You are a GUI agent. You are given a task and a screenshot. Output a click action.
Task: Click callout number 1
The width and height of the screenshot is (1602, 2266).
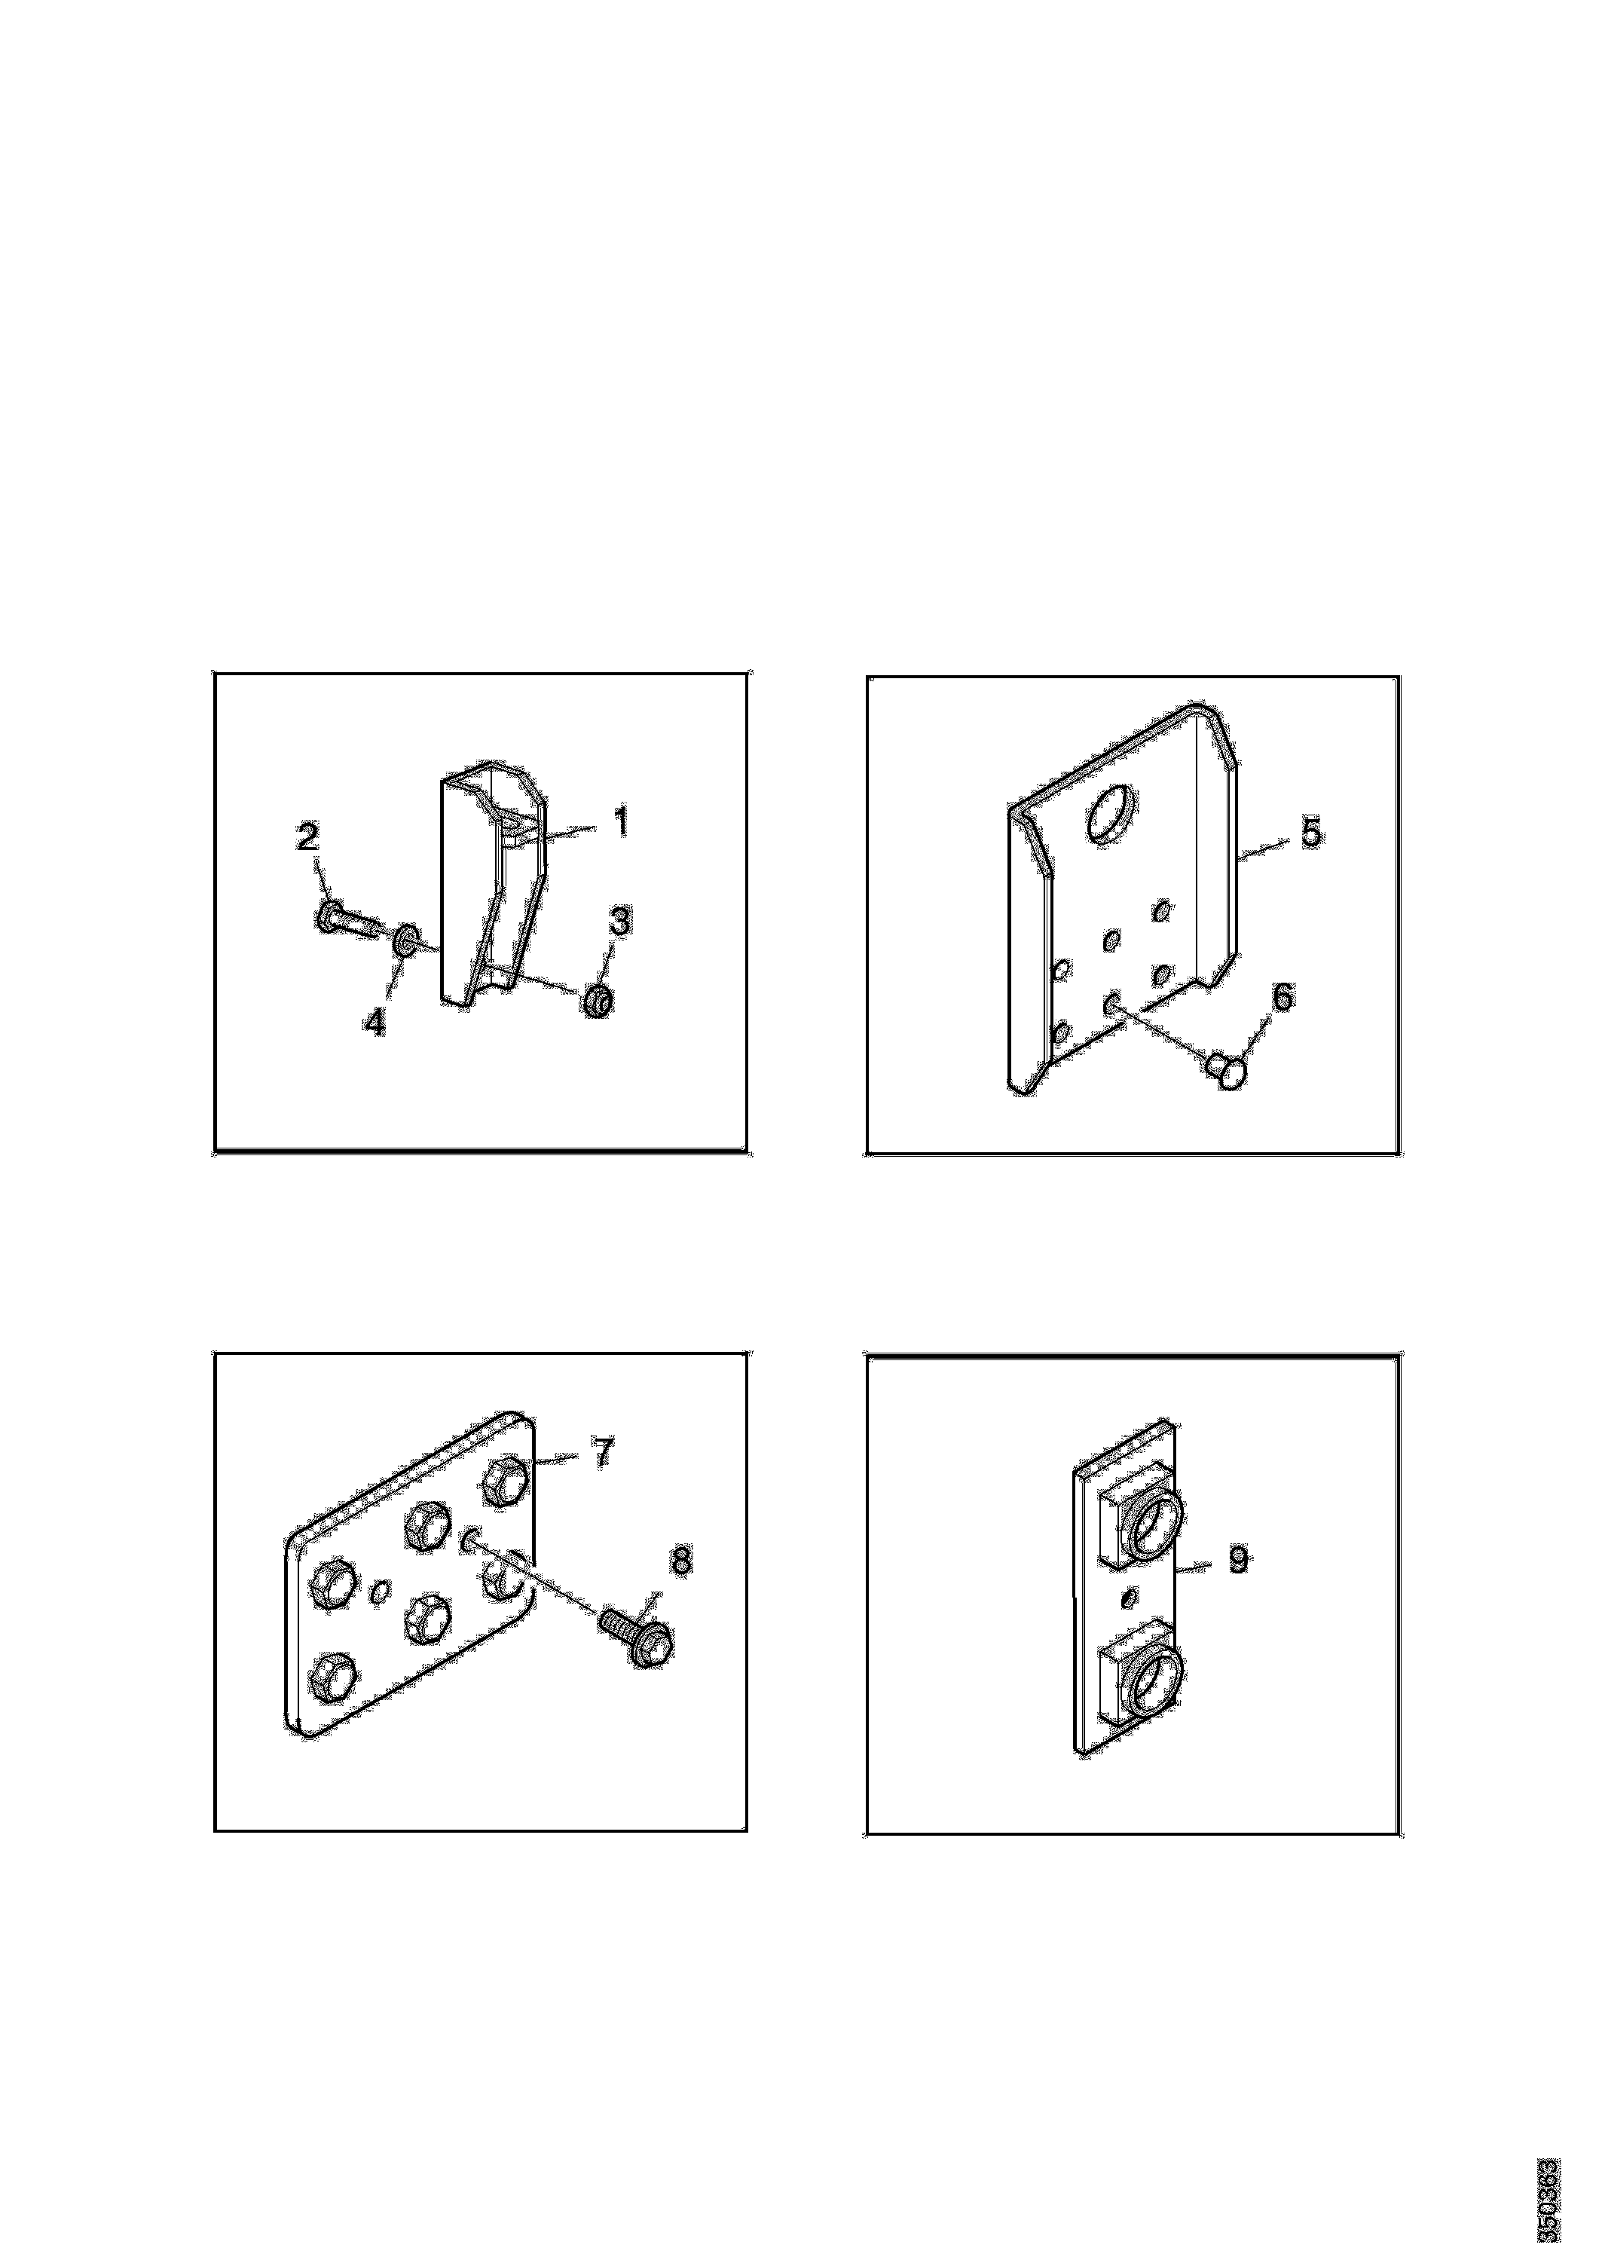click(621, 821)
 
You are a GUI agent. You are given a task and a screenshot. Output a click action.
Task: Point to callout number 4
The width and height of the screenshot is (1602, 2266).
click(374, 1022)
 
